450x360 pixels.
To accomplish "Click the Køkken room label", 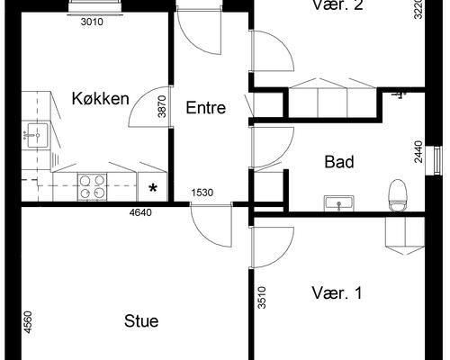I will click(x=101, y=98).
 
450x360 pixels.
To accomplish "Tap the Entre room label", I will click(x=205, y=107).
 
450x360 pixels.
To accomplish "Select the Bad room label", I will click(x=339, y=163).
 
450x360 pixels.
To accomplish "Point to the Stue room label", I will click(x=141, y=321).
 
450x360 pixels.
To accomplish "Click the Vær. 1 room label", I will click(x=337, y=293).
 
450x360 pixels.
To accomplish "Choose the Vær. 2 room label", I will click(x=337, y=5).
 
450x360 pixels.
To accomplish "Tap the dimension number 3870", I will click(x=163, y=108).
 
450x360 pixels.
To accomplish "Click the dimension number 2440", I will click(x=418, y=150).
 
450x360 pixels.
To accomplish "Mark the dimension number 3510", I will click(x=262, y=298).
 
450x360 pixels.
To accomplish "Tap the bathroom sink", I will click(x=339, y=203).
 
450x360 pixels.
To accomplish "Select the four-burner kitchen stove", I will click(x=92, y=186).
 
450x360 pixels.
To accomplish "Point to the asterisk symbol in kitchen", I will click(x=153, y=188).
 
